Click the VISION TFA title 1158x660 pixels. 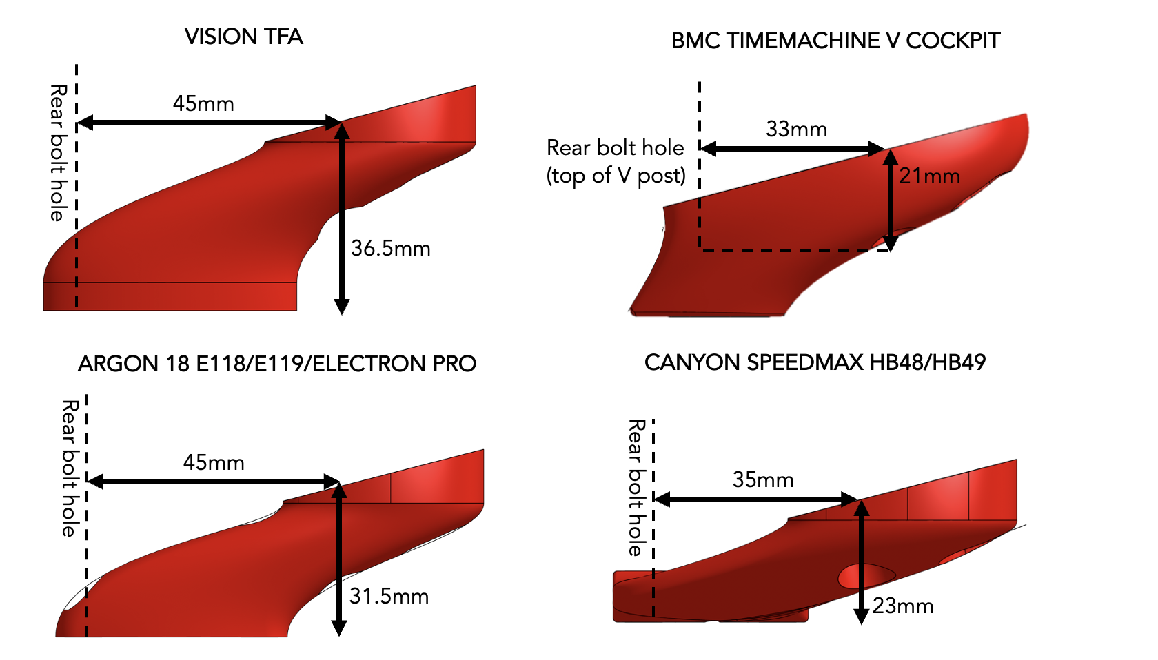click(x=244, y=37)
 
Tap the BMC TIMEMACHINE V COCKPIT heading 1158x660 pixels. click(x=835, y=41)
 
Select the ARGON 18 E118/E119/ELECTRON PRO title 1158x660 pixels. click(x=277, y=364)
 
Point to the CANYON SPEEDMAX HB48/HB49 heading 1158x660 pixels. click(x=815, y=362)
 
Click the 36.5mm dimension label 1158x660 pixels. click(x=391, y=248)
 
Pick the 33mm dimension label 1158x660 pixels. click(x=796, y=129)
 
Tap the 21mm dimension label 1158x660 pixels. click(x=929, y=176)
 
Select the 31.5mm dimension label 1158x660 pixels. click(x=389, y=596)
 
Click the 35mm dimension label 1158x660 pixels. click(x=763, y=479)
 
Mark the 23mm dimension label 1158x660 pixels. click(x=903, y=606)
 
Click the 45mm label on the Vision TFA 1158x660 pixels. click(x=203, y=104)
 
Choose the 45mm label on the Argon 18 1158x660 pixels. click(x=214, y=462)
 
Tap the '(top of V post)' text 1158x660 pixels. click(x=616, y=176)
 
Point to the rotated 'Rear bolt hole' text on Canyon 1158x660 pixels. click(x=636, y=488)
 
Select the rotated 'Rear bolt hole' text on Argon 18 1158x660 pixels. click(x=69, y=468)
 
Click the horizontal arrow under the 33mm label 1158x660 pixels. click(x=793, y=148)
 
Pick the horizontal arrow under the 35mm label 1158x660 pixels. click(x=755, y=499)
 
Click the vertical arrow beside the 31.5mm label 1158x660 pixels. click(x=338, y=558)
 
